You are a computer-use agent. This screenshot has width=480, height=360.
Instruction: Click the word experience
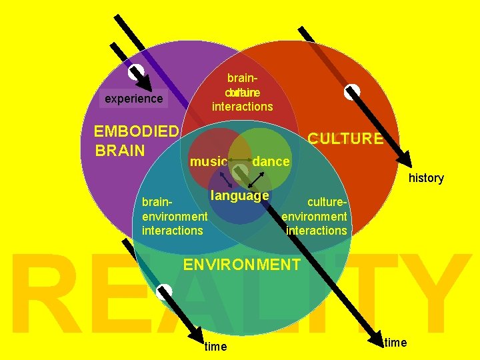click(133, 99)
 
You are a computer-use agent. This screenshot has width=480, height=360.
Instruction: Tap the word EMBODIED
click(137, 131)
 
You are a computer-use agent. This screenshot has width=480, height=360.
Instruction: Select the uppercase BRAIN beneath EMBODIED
click(121, 149)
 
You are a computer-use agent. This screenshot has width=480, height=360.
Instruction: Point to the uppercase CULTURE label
click(345, 139)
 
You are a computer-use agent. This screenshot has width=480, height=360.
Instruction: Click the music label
click(209, 162)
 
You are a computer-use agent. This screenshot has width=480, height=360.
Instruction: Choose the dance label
click(271, 162)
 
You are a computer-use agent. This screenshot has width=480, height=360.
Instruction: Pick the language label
click(239, 195)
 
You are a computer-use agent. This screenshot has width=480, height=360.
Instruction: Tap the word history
click(426, 178)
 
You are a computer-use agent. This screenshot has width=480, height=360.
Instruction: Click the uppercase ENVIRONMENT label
click(241, 265)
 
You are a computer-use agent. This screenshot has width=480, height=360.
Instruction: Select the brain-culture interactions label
click(243, 93)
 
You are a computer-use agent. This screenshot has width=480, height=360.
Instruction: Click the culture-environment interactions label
click(315, 216)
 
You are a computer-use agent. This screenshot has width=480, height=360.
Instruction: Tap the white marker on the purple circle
click(137, 71)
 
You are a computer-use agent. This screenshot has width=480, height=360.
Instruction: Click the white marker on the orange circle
click(351, 92)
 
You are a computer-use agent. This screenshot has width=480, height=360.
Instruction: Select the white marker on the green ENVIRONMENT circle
click(164, 291)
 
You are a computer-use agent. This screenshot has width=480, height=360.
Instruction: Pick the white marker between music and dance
click(240, 171)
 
